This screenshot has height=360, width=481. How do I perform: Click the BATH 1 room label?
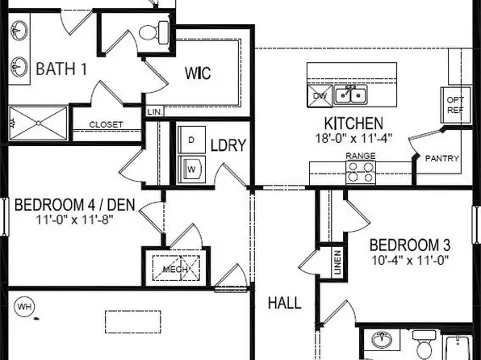(61, 69)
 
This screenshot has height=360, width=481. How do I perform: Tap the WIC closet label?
(197, 73)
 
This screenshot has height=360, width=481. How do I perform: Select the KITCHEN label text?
(353, 123)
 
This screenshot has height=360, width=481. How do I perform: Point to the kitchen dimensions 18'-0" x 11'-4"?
(353, 138)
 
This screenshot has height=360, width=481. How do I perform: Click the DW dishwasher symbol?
(320, 96)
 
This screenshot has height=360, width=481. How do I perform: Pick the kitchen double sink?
(349, 96)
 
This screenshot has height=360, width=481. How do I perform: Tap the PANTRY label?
(443, 158)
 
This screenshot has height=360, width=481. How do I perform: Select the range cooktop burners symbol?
(361, 171)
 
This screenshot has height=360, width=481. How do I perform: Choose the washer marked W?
(191, 169)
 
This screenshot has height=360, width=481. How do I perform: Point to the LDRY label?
(228, 146)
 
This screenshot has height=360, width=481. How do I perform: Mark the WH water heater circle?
(25, 307)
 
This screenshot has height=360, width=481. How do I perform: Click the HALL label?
(284, 303)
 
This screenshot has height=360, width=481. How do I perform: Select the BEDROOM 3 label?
(409, 245)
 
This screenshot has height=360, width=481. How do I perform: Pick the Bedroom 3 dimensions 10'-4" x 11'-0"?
(409, 260)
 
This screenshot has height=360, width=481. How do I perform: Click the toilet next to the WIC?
(151, 33)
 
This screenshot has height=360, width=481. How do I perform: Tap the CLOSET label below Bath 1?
(106, 124)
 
